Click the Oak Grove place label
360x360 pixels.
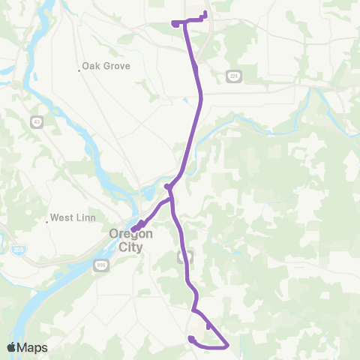pos(108,66)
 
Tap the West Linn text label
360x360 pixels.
pos(72,218)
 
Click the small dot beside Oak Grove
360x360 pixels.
pos(79,71)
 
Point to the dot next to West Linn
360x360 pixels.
pos(46,220)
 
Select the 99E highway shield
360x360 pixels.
pos(101,265)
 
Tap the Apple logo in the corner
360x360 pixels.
pos(12,347)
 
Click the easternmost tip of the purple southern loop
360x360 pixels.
pos(227,345)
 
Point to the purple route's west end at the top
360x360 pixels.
pos(174,23)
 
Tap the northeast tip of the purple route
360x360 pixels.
pos(205,12)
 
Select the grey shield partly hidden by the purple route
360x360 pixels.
pos(182,256)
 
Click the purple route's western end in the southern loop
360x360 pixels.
pos(191,338)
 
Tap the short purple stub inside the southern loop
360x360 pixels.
pos(208,326)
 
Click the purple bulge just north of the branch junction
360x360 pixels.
pos(167,187)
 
